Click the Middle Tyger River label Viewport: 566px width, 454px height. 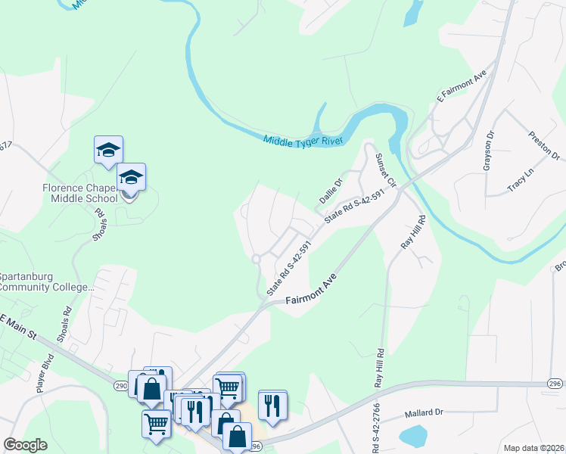(303, 140)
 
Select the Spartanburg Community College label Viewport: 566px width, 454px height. (47, 281)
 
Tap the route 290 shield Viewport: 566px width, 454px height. (120, 385)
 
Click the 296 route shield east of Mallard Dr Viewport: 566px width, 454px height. (554, 384)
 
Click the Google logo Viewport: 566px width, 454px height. (26, 445)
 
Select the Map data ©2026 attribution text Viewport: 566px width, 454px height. (534, 448)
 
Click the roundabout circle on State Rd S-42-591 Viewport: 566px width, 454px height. (257, 259)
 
